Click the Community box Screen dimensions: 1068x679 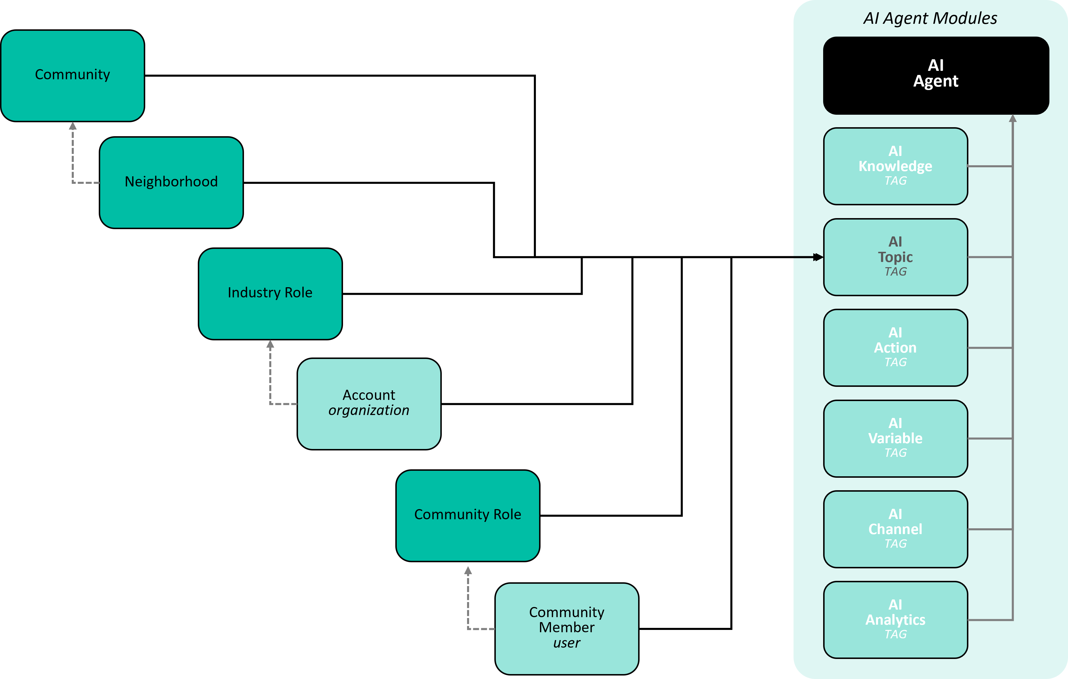(x=73, y=76)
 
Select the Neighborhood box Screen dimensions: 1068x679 (x=171, y=183)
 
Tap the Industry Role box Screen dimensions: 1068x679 (x=270, y=294)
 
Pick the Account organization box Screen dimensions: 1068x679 (x=369, y=404)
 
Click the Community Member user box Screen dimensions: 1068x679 (x=567, y=629)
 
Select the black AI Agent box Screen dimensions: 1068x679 (x=936, y=76)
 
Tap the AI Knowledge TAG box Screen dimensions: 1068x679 (x=895, y=166)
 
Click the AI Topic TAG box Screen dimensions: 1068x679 (x=895, y=257)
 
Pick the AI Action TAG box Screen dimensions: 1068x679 (x=895, y=348)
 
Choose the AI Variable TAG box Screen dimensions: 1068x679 (x=895, y=439)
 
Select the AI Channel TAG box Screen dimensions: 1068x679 (x=895, y=529)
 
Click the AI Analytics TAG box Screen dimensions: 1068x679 (x=895, y=620)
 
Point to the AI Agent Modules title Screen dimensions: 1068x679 (x=930, y=18)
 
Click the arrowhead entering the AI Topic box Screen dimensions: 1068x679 (x=818, y=257)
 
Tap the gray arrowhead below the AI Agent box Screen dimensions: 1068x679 (x=1013, y=118)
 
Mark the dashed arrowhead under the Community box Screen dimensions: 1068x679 (x=73, y=126)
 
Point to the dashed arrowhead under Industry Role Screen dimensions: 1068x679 (x=270, y=344)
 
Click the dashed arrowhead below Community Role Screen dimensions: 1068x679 (x=468, y=570)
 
